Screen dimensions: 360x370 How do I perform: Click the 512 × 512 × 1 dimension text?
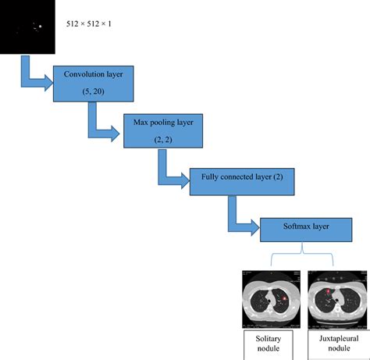90,24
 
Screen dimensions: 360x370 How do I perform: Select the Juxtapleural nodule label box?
335,343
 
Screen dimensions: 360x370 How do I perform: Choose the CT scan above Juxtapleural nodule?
335,298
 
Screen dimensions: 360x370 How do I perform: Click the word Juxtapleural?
335,338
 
